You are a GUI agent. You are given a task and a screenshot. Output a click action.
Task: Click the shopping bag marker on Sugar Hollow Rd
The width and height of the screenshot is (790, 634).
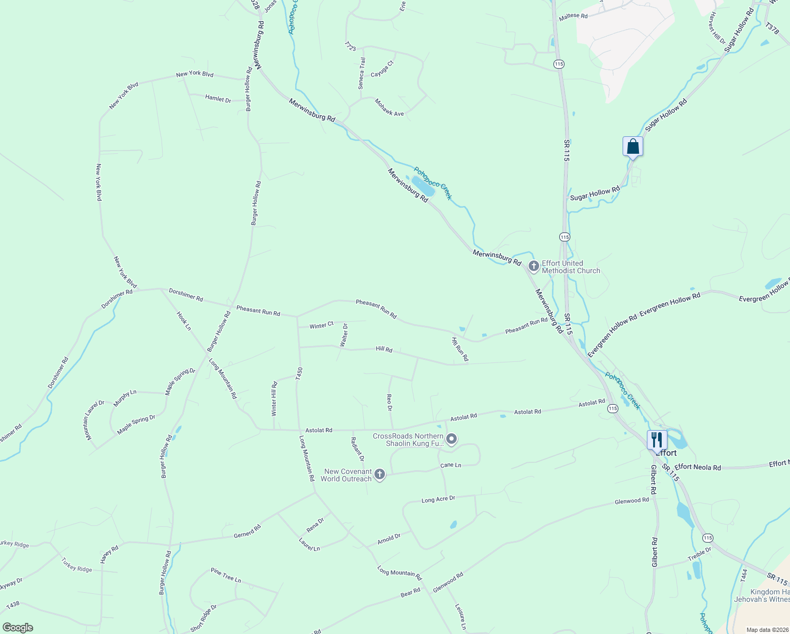(x=633, y=147)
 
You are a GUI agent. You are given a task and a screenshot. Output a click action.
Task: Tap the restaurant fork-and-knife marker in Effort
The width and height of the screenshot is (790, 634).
(x=657, y=440)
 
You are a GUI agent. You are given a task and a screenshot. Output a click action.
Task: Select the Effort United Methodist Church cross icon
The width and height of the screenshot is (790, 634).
(x=533, y=266)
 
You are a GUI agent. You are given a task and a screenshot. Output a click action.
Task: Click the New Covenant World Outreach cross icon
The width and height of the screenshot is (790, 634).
(x=380, y=474)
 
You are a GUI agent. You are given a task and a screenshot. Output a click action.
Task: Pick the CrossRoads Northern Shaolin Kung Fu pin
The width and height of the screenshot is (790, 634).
(x=452, y=439)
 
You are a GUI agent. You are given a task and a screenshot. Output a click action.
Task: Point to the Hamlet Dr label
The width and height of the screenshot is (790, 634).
(x=218, y=99)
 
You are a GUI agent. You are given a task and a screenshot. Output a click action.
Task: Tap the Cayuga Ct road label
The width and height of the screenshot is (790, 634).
(x=382, y=69)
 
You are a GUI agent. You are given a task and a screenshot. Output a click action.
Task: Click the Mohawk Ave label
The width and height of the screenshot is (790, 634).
(x=389, y=107)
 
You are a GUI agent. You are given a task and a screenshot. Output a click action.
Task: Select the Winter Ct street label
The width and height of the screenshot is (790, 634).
(x=322, y=325)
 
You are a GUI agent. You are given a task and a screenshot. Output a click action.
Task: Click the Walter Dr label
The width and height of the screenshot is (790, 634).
(x=344, y=335)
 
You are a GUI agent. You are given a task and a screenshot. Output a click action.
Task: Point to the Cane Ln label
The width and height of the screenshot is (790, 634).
(x=450, y=465)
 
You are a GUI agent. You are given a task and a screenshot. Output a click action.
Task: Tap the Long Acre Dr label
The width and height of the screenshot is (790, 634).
(x=438, y=499)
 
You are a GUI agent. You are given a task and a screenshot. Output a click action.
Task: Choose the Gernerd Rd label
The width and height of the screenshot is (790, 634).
(x=248, y=532)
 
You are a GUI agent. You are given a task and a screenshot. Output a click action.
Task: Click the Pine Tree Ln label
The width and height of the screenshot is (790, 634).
(x=225, y=575)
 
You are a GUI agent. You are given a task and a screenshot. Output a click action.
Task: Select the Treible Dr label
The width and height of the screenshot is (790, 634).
(x=700, y=554)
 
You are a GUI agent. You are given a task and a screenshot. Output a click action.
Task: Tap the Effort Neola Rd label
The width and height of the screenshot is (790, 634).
(x=698, y=467)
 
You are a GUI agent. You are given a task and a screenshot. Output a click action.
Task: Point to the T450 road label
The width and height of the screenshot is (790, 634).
(x=299, y=374)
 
